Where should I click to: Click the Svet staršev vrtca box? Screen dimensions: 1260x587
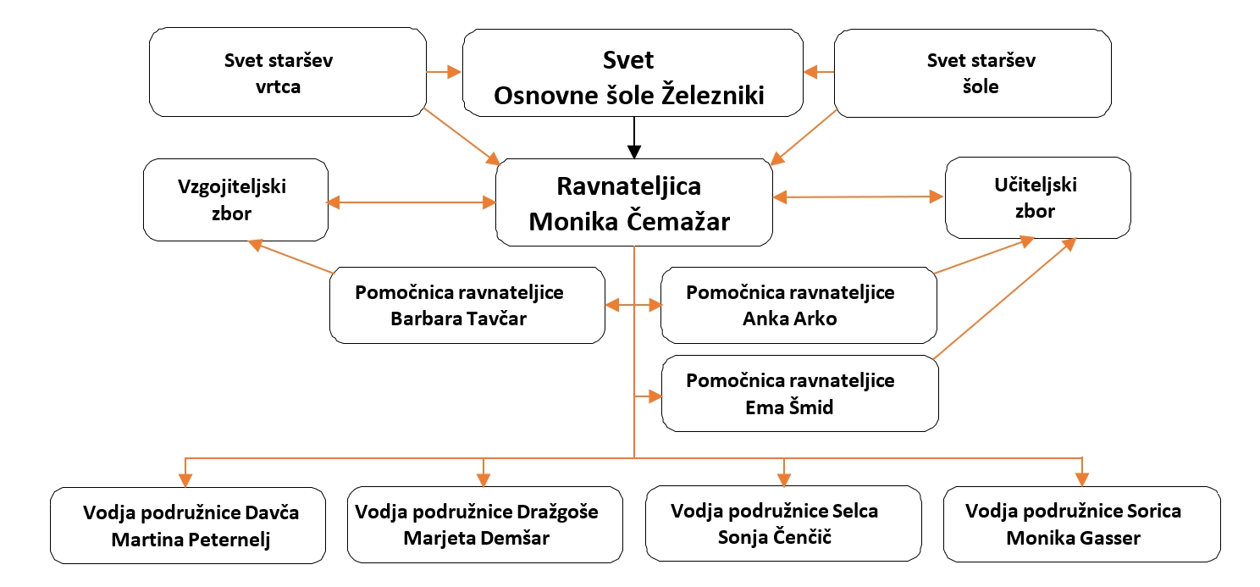click(x=287, y=72)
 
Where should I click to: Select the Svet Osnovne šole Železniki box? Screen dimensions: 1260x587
click(x=633, y=73)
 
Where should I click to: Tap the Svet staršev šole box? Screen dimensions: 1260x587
click(x=973, y=73)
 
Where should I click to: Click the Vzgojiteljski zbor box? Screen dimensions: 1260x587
click(x=235, y=200)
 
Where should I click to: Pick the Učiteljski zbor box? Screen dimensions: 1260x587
click(x=1038, y=197)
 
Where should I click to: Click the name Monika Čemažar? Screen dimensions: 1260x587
click(x=629, y=221)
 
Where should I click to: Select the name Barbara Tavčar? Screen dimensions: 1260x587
click(x=458, y=318)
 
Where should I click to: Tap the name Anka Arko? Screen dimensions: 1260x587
click(x=790, y=318)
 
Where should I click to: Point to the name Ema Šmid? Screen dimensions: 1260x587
click(x=789, y=407)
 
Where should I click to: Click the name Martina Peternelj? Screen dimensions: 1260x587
click(x=191, y=540)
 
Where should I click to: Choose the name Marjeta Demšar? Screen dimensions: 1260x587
click(x=477, y=538)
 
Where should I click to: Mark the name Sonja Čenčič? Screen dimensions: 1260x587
click(x=775, y=536)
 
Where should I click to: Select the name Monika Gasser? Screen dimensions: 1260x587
click(x=1073, y=538)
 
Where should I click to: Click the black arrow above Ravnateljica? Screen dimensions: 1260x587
click(x=634, y=138)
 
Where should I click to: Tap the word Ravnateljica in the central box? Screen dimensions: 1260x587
click(x=629, y=186)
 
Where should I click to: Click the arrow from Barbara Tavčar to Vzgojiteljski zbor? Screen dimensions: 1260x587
click(x=290, y=257)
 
